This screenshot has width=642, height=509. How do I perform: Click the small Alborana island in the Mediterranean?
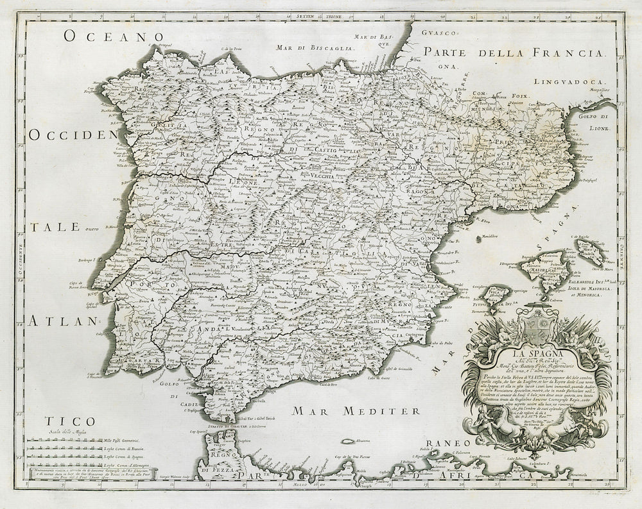[351, 442]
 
